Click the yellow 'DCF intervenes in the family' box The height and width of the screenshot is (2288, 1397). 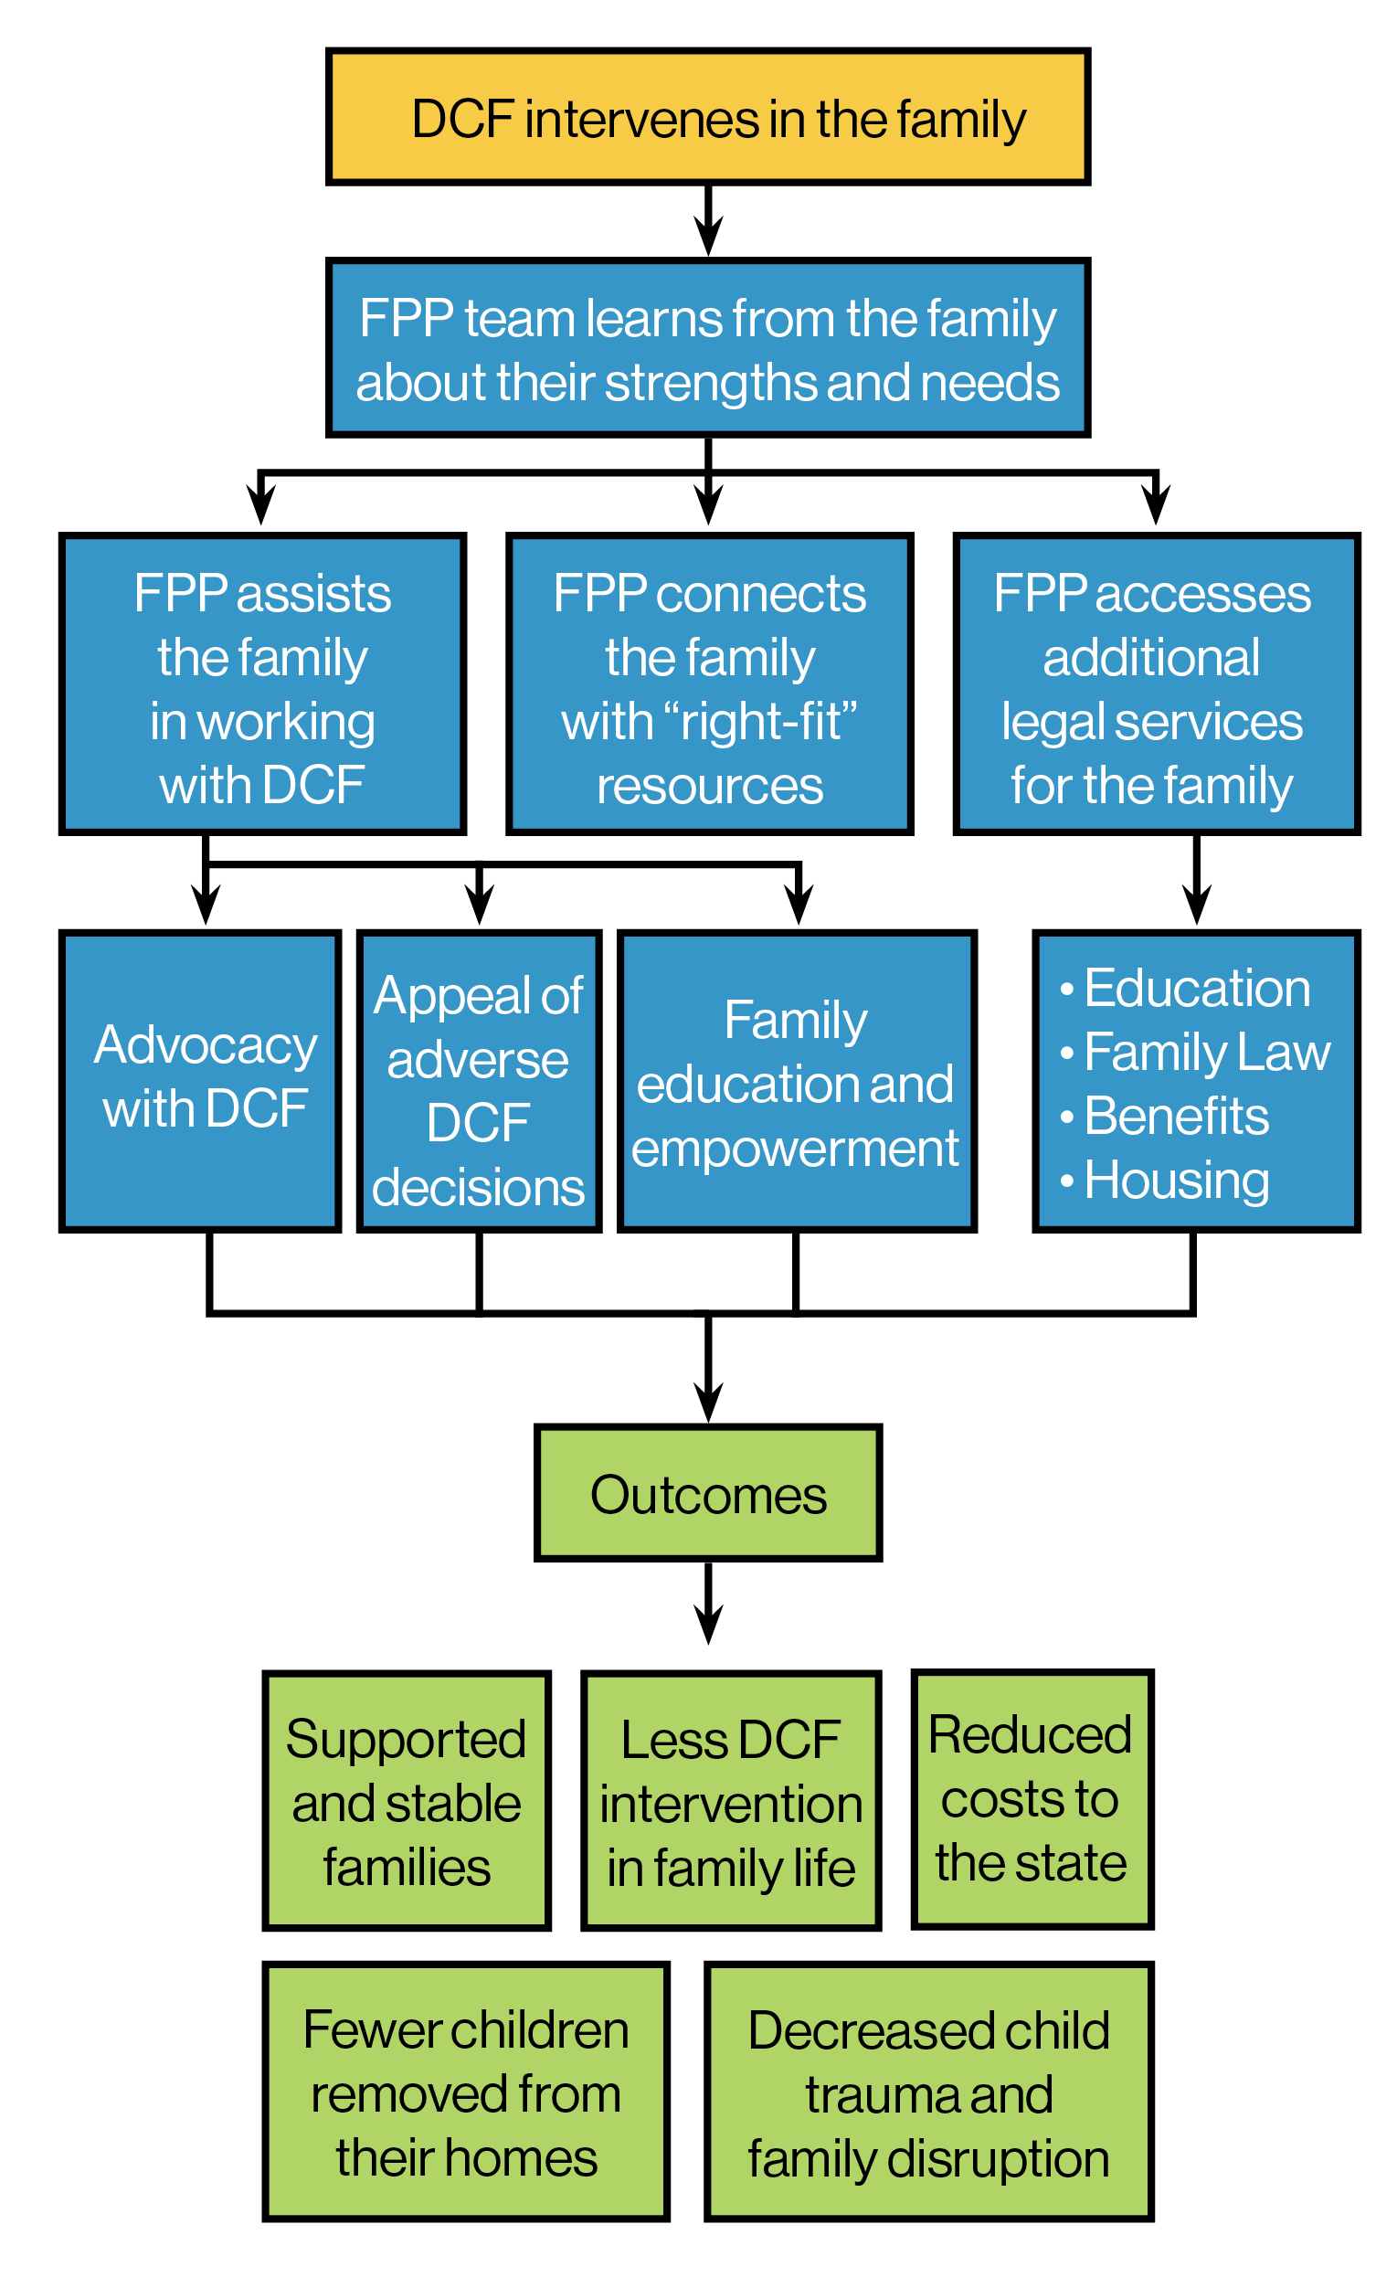click(707, 117)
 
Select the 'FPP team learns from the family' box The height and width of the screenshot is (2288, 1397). click(707, 348)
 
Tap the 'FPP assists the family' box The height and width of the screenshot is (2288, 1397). click(261, 684)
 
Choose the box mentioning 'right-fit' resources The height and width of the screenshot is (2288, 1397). click(709, 684)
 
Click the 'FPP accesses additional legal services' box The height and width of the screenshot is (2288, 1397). click(1157, 684)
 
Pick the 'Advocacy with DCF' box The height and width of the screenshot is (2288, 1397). click(200, 1080)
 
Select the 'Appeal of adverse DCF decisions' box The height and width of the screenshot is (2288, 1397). click(479, 1080)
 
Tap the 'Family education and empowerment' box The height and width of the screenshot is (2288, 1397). click(798, 1080)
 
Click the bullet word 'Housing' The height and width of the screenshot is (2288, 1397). click(1176, 1180)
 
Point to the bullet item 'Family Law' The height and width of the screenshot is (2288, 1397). click(1207, 1052)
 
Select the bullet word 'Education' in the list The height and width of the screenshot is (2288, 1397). click(1197, 988)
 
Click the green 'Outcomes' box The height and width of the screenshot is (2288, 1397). click(707, 1494)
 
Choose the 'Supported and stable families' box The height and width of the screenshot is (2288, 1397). click(407, 1801)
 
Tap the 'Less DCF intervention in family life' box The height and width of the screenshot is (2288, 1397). click(731, 1801)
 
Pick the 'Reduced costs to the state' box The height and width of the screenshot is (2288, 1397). click(1032, 1798)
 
